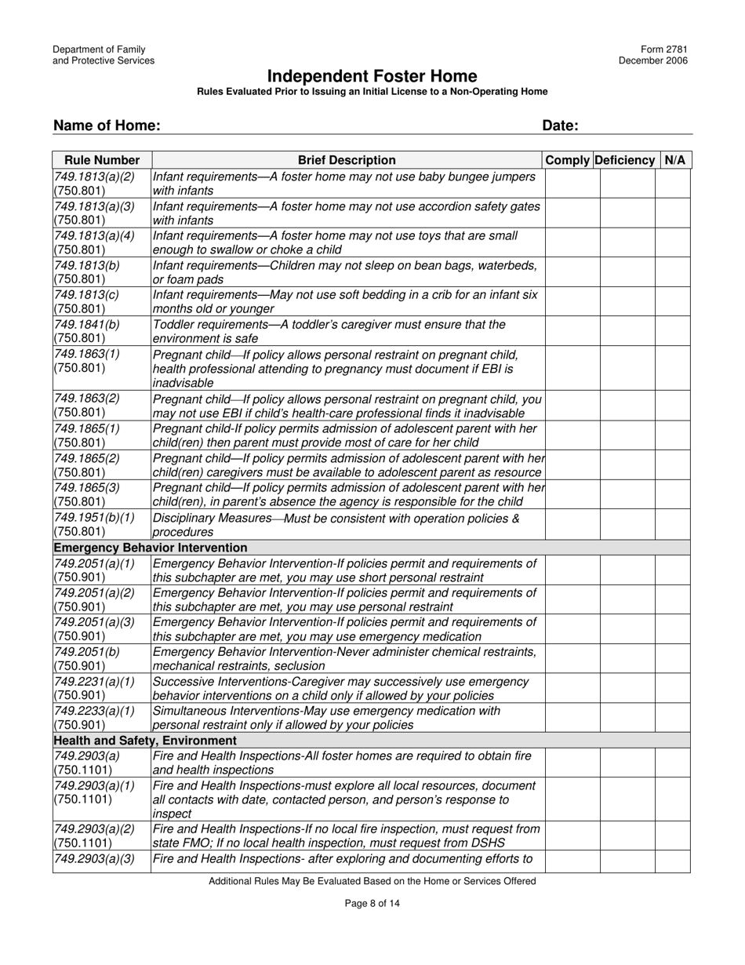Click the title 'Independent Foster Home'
[372, 76]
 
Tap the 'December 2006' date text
[653, 61]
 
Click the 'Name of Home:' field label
[107, 126]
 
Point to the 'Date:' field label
[560, 126]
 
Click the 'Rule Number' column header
[102, 160]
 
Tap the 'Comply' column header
[569, 160]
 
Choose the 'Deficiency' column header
[625, 160]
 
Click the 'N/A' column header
[674, 160]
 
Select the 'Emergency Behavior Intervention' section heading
[150, 548]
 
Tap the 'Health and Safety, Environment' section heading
[145, 740]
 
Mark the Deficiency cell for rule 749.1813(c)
[627, 301]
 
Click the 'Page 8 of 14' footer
[372, 903]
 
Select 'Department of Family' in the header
[99, 49]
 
